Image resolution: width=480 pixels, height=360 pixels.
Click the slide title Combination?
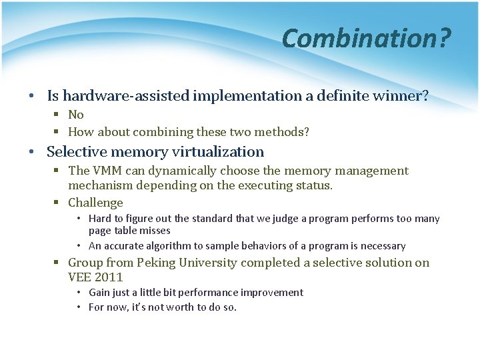point(366,38)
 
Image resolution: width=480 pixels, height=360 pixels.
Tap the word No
point(76,115)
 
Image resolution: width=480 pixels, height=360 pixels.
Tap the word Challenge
point(95,203)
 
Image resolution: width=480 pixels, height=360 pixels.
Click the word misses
point(155,231)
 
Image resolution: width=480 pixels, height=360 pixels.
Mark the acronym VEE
point(80,277)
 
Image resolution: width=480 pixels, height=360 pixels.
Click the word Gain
point(99,293)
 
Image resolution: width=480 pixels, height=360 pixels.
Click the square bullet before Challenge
point(59,203)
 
